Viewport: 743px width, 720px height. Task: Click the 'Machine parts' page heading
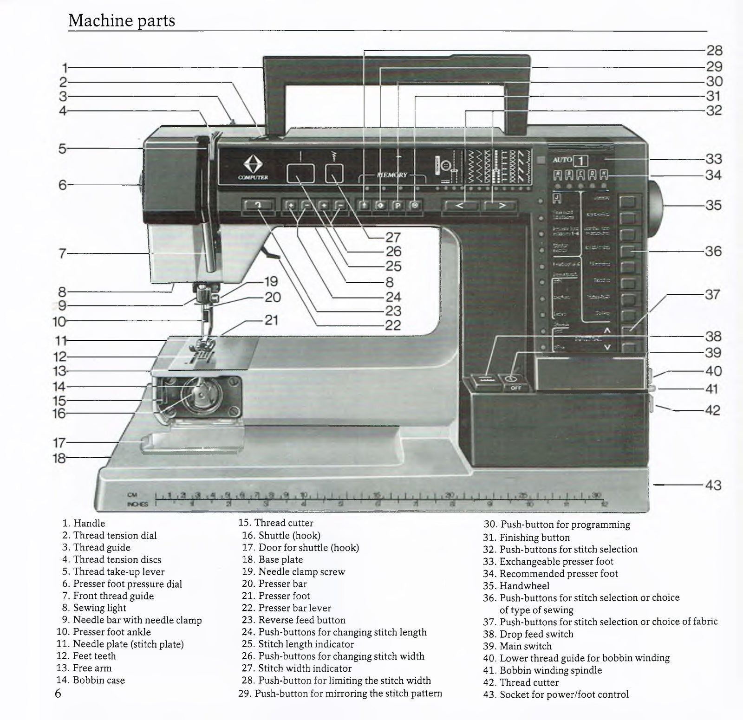[x=122, y=21]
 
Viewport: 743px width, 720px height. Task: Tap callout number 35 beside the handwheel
[x=714, y=205]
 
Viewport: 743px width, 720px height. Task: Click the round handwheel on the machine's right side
[x=655, y=205]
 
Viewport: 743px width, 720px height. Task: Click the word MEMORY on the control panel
[x=392, y=175]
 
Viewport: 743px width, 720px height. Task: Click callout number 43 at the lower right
[x=713, y=485]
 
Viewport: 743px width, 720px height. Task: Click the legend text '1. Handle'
[x=84, y=523]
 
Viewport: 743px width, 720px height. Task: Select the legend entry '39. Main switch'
[x=517, y=646]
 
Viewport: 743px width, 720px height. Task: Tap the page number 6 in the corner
[x=58, y=694]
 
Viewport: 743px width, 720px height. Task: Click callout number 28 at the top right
[x=714, y=51]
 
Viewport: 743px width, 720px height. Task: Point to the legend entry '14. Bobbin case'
[x=91, y=680]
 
